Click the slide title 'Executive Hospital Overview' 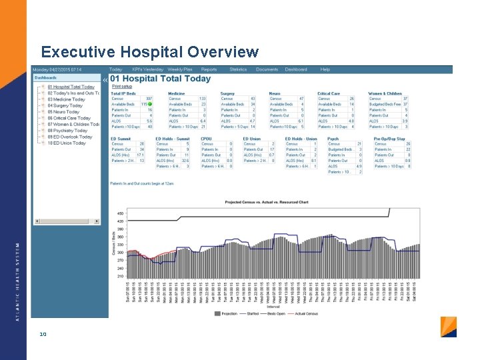pyautogui.click(x=149, y=52)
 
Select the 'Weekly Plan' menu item pyautogui.click(x=179, y=69)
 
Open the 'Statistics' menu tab pyautogui.click(x=238, y=69)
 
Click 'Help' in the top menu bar pyautogui.click(x=325, y=69)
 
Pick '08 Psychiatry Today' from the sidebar pyautogui.click(x=67, y=131)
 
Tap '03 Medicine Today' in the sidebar pyautogui.click(x=67, y=99)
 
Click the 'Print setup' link pyautogui.click(x=121, y=87)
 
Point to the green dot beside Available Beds pyautogui.click(x=151, y=105)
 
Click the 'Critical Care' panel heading pyautogui.click(x=329, y=94)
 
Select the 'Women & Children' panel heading pyautogui.click(x=385, y=94)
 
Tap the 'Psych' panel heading pyautogui.click(x=333, y=139)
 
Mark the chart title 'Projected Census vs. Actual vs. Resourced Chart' pyautogui.click(x=266, y=202)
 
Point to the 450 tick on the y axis pyautogui.click(x=120, y=213)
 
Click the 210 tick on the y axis pyautogui.click(x=120, y=275)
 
